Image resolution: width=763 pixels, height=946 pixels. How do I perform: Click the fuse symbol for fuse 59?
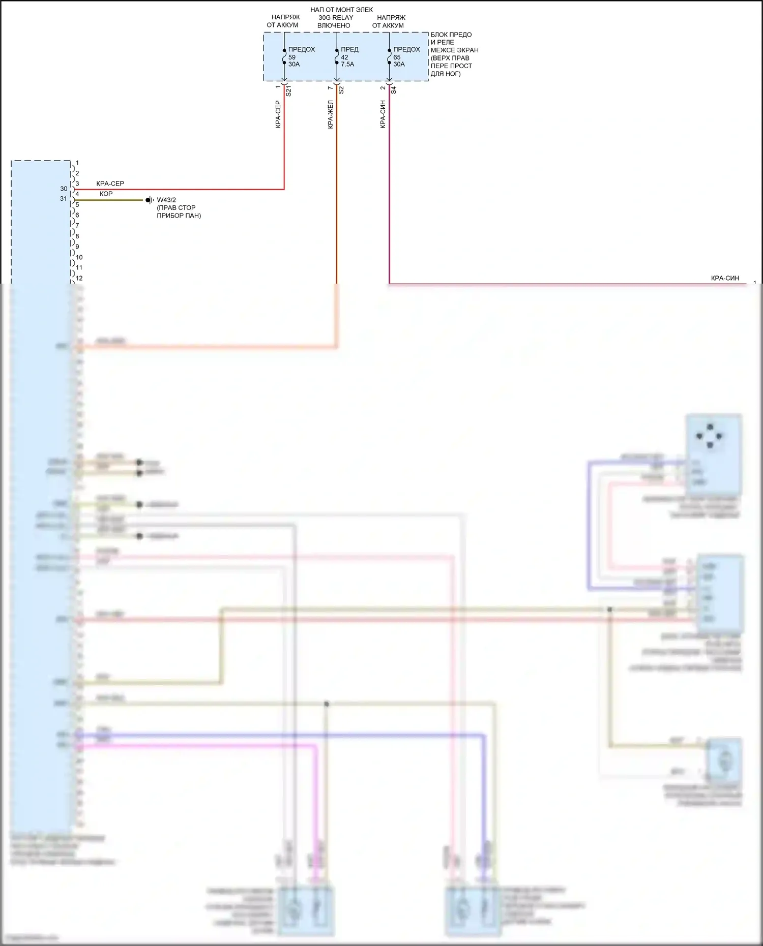tap(284, 56)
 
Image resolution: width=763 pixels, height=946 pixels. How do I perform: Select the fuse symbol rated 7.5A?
tap(337, 56)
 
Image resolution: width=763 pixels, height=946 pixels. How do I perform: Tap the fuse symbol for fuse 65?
tap(389, 56)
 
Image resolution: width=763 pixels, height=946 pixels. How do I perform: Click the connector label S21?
tap(289, 91)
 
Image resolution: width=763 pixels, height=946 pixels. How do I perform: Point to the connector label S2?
tap(341, 90)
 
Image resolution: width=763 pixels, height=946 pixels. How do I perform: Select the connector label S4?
tap(394, 90)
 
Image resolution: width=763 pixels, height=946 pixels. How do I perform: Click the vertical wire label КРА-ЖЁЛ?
tap(331, 114)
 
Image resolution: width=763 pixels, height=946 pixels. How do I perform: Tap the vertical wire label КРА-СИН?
tap(383, 114)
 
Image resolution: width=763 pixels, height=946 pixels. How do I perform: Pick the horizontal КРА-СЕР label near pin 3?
tap(110, 184)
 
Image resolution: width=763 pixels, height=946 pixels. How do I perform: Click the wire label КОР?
tap(106, 194)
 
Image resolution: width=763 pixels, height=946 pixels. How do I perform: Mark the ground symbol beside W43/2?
tap(149, 200)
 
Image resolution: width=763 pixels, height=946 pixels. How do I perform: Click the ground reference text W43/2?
tap(166, 200)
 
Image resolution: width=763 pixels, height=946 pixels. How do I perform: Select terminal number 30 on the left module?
tap(64, 189)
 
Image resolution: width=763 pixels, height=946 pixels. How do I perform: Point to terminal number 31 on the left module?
tap(64, 199)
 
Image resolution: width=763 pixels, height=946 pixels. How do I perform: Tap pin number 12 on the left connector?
tap(79, 278)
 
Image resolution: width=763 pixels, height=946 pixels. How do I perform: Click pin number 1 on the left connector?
tap(77, 163)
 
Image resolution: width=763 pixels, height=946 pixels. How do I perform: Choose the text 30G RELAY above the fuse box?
tap(336, 17)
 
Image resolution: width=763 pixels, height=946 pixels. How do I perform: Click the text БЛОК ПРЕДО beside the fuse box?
tap(451, 35)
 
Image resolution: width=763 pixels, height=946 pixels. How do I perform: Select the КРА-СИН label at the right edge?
tap(725, 278)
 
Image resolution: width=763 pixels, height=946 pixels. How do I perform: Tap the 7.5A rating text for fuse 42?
tap(347, 64)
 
